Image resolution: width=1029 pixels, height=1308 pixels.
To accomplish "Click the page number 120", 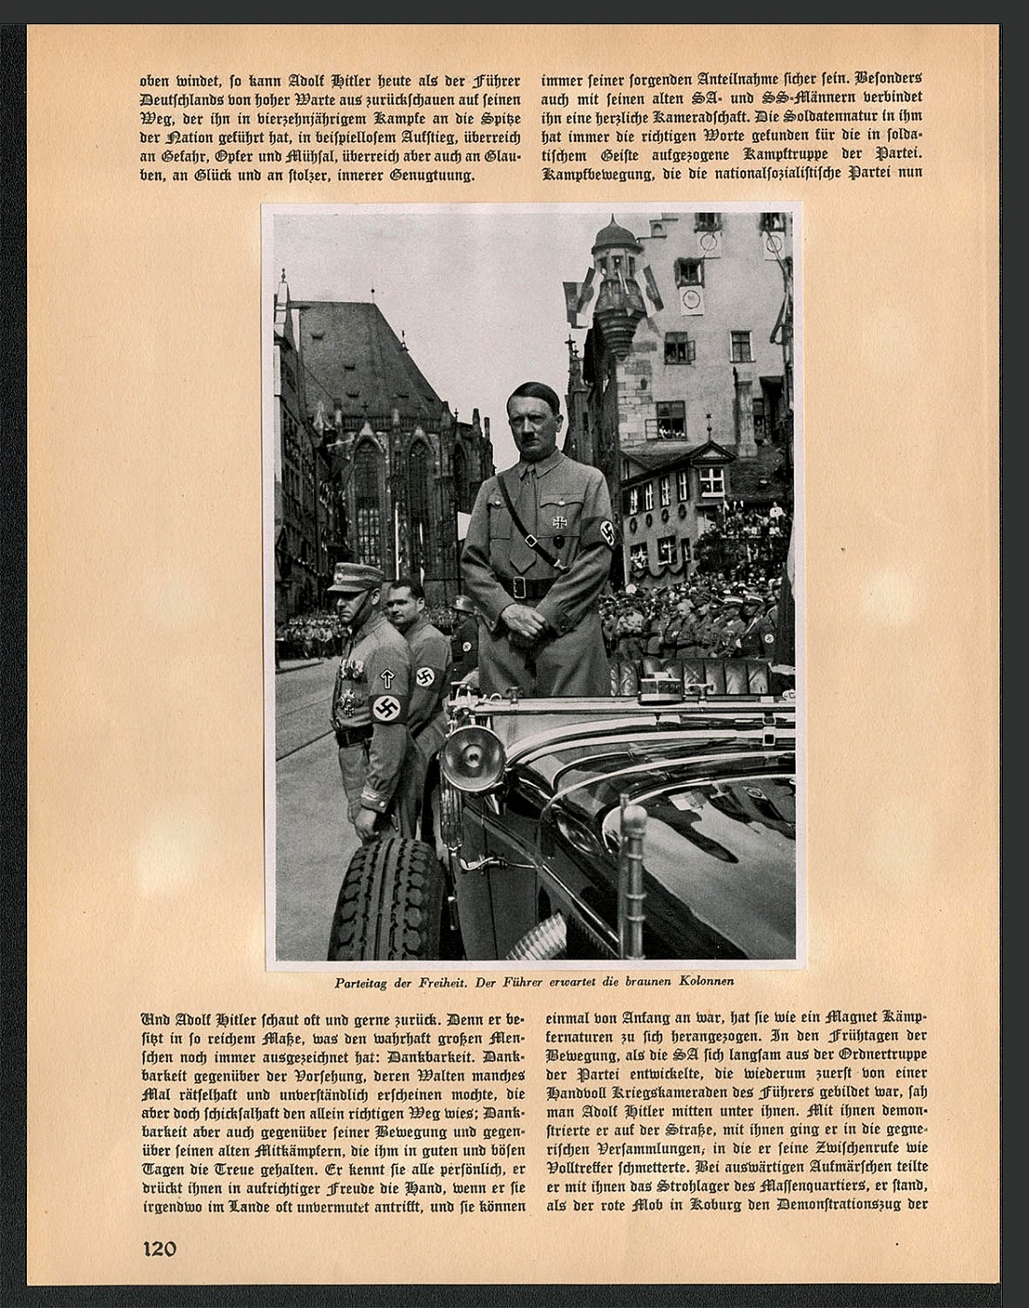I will pos(159,1248).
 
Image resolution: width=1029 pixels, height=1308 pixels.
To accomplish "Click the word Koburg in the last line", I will pos(717,1205).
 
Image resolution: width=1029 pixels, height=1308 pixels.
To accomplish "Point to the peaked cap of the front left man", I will pos(356,577).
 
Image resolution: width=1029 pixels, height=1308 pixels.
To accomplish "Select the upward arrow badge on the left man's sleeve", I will pos(388,678).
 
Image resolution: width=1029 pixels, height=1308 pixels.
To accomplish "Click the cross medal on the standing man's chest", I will pos(558,523).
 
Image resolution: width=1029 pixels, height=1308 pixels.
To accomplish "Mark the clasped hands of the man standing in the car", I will pos(522,618).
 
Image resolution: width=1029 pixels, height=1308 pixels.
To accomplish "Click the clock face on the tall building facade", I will pos(691,299).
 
